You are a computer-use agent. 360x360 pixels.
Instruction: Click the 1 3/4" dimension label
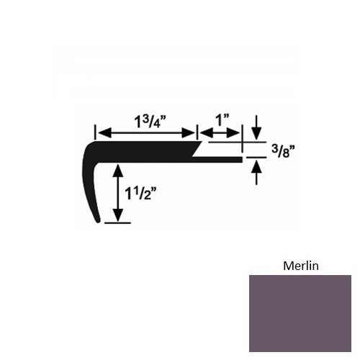pyautogui.click(x=150, y=122)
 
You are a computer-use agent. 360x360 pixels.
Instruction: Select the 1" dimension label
pyautogui.click(x=222, y=120)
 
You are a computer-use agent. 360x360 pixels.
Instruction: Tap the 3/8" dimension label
pyautogui.click(x=283, y=151)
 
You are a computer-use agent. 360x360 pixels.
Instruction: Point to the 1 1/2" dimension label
pyautogui.click(x=140, y=194)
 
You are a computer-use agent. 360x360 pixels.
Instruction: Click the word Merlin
pyautogui.click(x=301, y=266)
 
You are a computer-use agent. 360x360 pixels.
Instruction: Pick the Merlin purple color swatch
pyautogui.click(x=300, y=313)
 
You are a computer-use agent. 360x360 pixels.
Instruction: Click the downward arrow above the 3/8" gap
pyautogui.click(x=256, y=127)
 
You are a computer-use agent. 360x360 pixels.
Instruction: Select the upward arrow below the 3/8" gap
pyautogui.click(x=256, y=173)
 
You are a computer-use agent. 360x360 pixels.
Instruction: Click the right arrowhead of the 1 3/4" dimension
pyautogui.click(x=188, y=133)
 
